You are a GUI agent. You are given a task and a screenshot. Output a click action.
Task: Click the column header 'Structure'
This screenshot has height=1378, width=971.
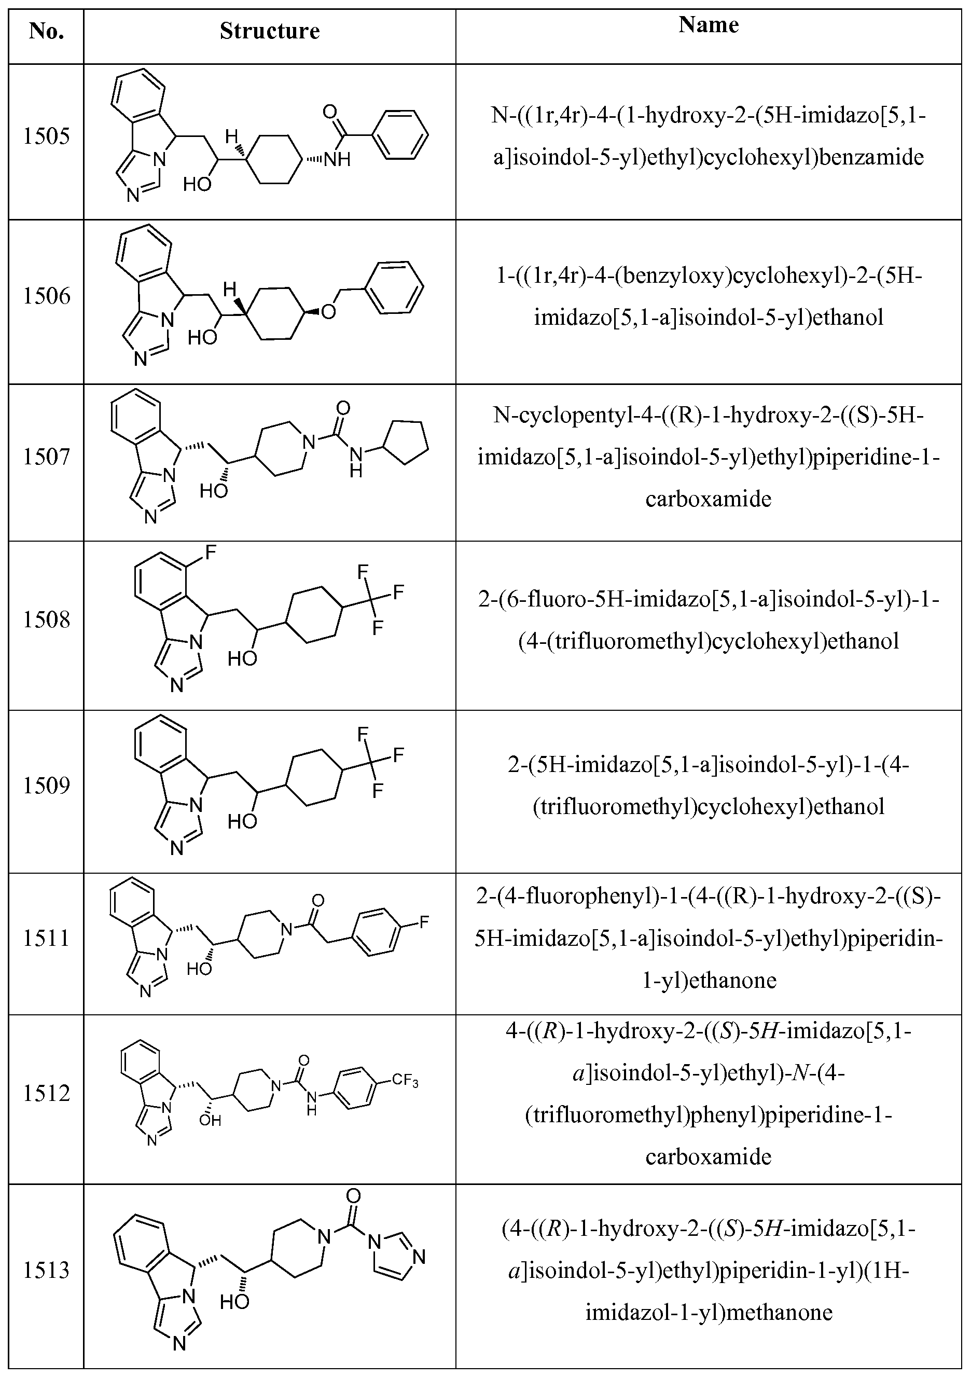pyautogui.click(x=269, y=31)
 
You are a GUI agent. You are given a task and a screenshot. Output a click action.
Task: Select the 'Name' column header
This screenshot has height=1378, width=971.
pyautogui.click(x=708, y=24)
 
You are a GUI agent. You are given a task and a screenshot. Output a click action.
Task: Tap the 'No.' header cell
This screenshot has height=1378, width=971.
pyautogui.click(x=46, y=31)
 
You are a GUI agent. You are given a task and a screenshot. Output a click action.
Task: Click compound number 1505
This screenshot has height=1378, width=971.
pyautogui.click(x=46, y=136)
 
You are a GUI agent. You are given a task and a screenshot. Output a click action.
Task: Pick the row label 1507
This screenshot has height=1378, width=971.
pyautogui.click(x=46, y=457)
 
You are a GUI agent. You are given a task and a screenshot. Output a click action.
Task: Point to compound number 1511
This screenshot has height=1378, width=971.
pyautogui.click(x=46, y=938)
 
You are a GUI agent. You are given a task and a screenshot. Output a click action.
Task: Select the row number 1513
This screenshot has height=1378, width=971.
pyautogui.click(x=46, y=1271)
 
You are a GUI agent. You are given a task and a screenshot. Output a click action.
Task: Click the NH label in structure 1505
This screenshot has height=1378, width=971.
pyautogui.click(x=337, y=160)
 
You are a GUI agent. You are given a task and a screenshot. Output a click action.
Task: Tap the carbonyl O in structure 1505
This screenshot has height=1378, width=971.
pyautogui.click(x=329, y=112)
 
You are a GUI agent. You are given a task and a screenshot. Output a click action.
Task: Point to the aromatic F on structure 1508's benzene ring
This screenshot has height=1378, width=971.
pyautogui.click(x=211, y=553)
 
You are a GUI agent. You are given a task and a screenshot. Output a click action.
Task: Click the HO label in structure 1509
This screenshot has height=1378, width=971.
pyautogui.click(x=242, y=821)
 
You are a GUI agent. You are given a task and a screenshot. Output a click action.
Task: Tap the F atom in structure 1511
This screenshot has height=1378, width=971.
pyautogui.click(x=424, y=921)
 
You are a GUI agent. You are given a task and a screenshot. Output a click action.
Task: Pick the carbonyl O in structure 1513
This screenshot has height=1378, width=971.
pyautogui.click(x=353, y=1195)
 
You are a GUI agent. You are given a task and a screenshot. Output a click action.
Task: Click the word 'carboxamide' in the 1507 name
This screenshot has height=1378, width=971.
pyautogui.click(x=708, y=499)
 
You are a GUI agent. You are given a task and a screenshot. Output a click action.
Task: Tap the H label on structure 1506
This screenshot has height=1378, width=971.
pyautogui.click(x=229, y=290)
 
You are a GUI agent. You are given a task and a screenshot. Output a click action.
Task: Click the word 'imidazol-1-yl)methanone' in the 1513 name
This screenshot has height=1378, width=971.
pyautogui.click(x=709, y=1313)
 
